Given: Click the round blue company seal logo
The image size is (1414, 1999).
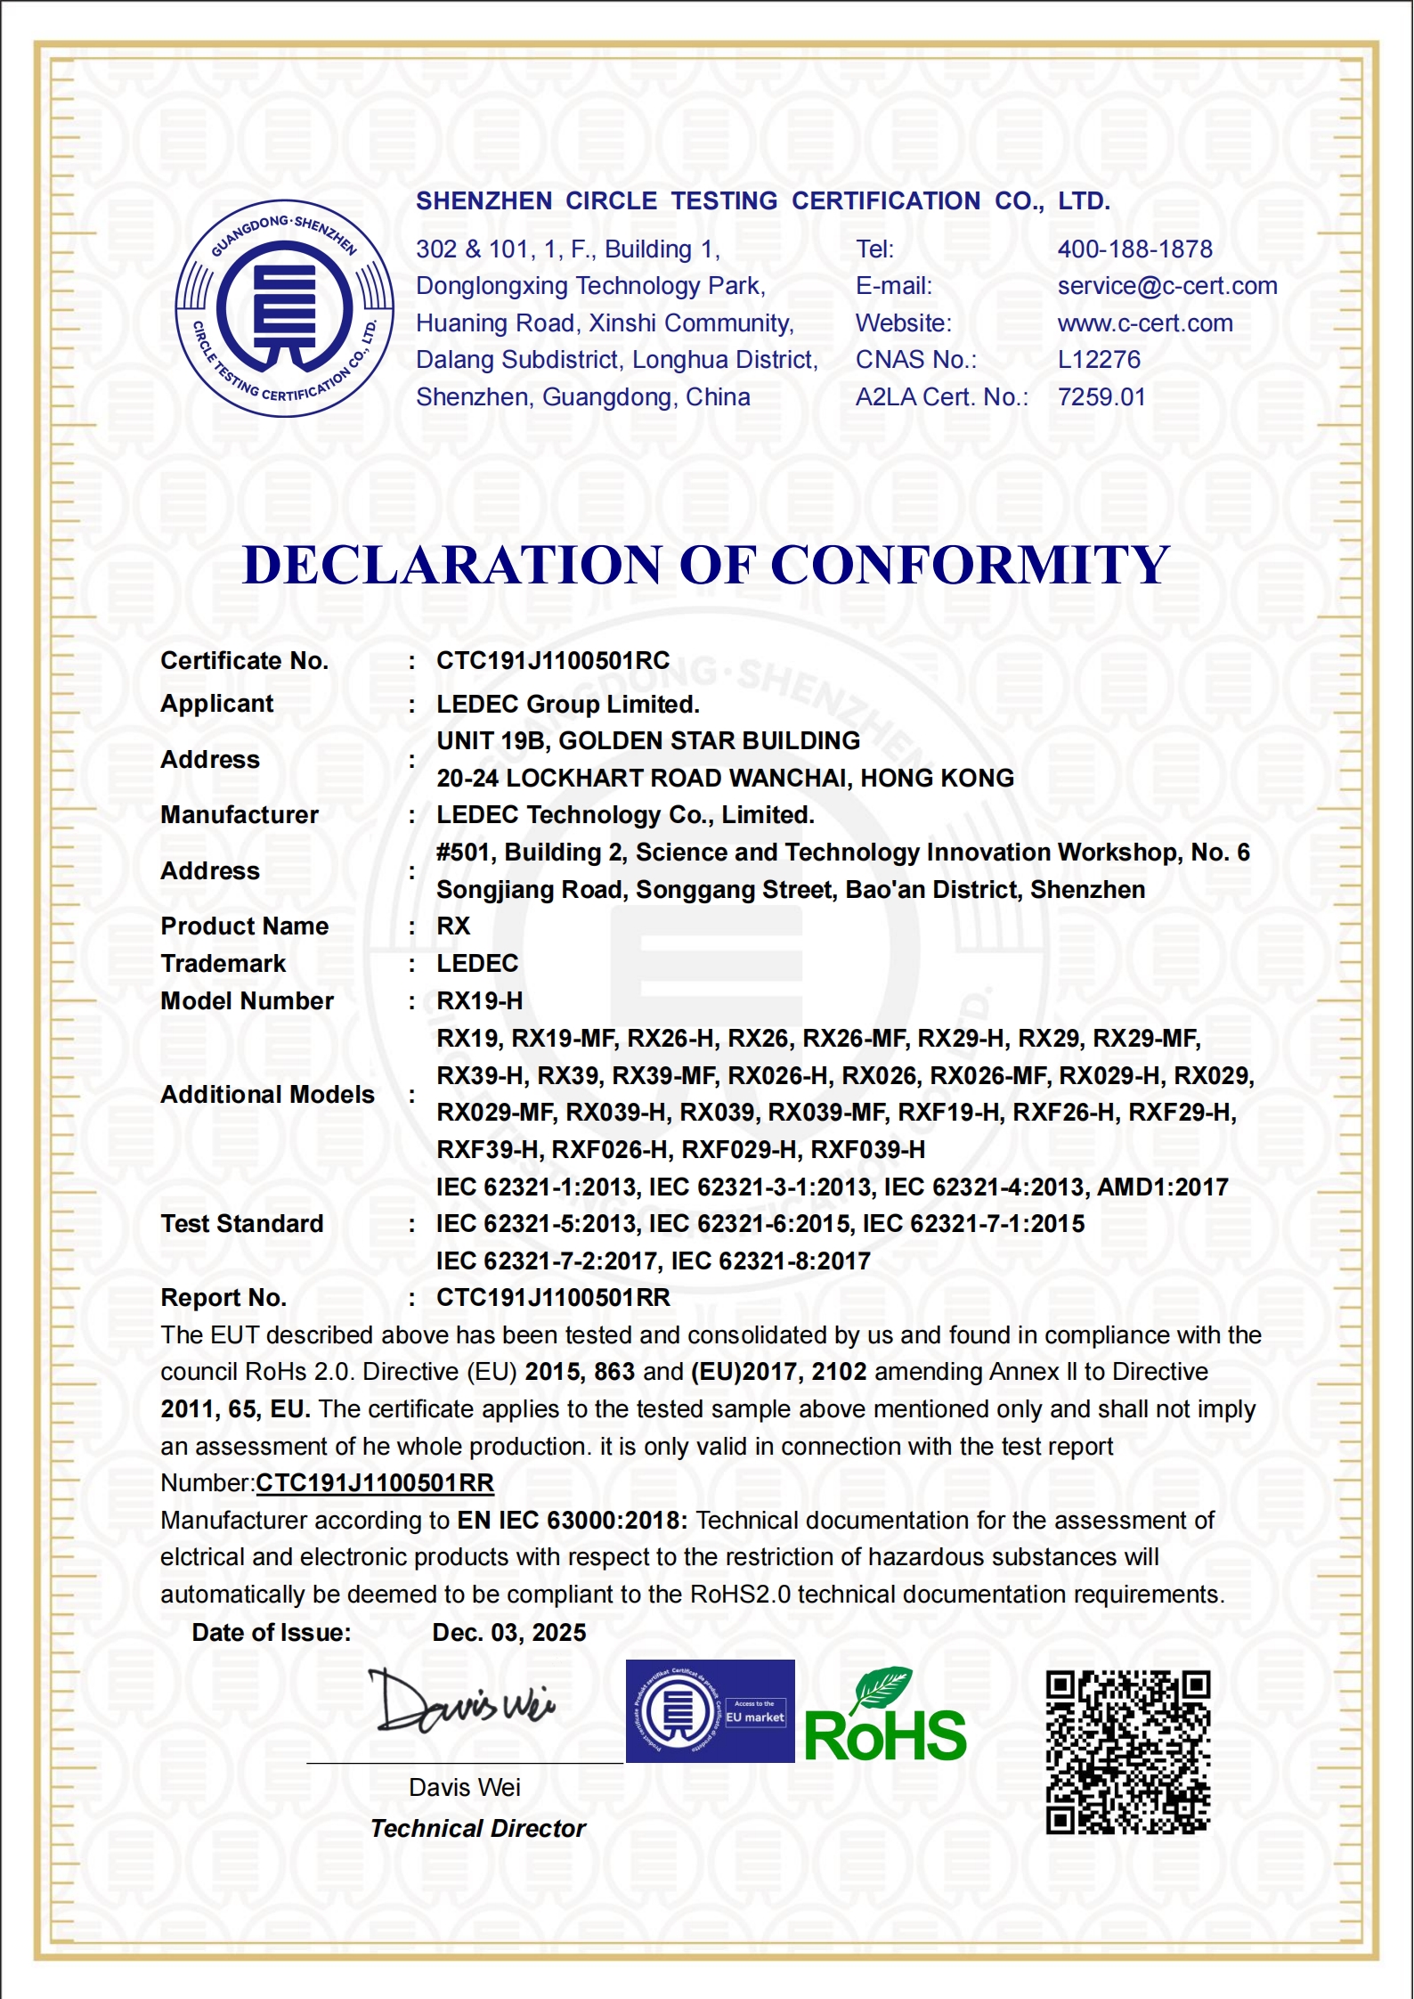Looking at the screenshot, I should pyautogui.click(x=284, y=308).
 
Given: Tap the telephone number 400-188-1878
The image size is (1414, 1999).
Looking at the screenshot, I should pyautogui.click(x=1134, y=249).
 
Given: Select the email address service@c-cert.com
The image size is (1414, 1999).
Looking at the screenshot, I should pyautogui.click(x=1166, y=286).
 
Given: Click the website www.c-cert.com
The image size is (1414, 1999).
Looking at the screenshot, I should pyautogui.click(x=1144, y=323).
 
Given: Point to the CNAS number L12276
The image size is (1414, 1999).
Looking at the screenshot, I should pyautogui.click(x=1098, y=360).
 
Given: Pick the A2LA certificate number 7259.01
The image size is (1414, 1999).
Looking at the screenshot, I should pyautogui.click(x=1101, y=397).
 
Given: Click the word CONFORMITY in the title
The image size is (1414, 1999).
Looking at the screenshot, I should pyautogui.click(x=970, y=565).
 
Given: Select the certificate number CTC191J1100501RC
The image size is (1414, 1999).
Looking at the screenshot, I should pyautogui.click(x=552, y=661).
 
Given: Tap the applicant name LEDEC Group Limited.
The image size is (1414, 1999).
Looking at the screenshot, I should pyautogui.click(x=567, y=705).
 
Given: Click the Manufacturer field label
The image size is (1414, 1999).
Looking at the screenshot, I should pyautogui.click(x=239, y=815).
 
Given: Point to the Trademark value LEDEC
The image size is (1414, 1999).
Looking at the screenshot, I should pyautogui.click(x=476, y=964).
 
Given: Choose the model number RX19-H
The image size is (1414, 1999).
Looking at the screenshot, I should pyautogui.click(x=479, y=1001).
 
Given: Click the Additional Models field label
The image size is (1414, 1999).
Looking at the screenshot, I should pyautogui.click(x=267, y=1095).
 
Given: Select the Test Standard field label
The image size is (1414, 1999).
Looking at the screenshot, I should pyautogui.click(x=241, y=1224).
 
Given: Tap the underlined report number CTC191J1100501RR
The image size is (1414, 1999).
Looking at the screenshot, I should pyautogui.click(x=374, y=1483).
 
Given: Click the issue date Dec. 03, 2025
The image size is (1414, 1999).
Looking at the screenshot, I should pyautogui.click(x=508, y=1633).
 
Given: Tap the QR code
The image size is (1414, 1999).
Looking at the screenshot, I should pyautogui.click(x=1127, y=1752).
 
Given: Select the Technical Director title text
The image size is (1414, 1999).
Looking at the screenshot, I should pyautogui.click(x=477, y=1829).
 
